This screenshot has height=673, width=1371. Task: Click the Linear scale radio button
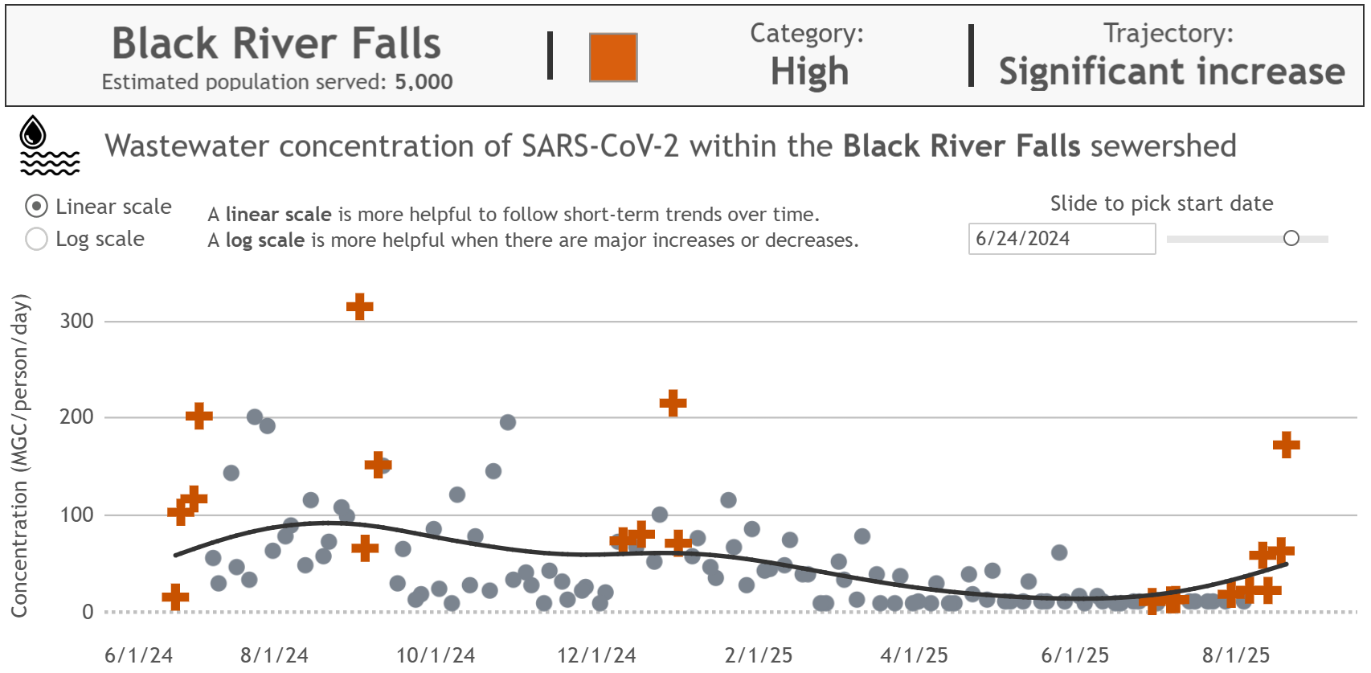pos(36,207)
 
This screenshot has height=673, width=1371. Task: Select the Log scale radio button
pos(36,239)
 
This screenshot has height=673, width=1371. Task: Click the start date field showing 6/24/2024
pos(1061,239)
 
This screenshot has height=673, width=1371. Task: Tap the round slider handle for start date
pos(1291,238)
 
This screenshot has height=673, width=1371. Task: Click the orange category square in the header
pos(613,57)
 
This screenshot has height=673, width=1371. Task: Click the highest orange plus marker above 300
pos(359,306)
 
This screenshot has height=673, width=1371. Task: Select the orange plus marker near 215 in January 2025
pos(673,403)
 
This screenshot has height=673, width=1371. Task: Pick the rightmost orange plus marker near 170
pos(1286,445)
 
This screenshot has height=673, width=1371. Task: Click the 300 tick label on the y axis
pos(76,321)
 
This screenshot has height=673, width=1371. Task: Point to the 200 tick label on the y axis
pos(76,417)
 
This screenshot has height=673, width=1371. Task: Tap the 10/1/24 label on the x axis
pos(435,655)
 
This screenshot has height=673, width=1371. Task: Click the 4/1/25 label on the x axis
pos(914,655)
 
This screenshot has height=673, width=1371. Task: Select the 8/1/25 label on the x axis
pos(1235,655)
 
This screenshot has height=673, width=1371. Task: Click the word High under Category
pos(808,72)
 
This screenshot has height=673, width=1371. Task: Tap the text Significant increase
pos(1171,72)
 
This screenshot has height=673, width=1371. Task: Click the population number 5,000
pos(424,82)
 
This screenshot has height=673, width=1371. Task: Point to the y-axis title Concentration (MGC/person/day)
pos(19,455)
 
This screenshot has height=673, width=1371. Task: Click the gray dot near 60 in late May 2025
pos(1059,552)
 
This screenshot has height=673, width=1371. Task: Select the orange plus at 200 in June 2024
pos(198,416)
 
